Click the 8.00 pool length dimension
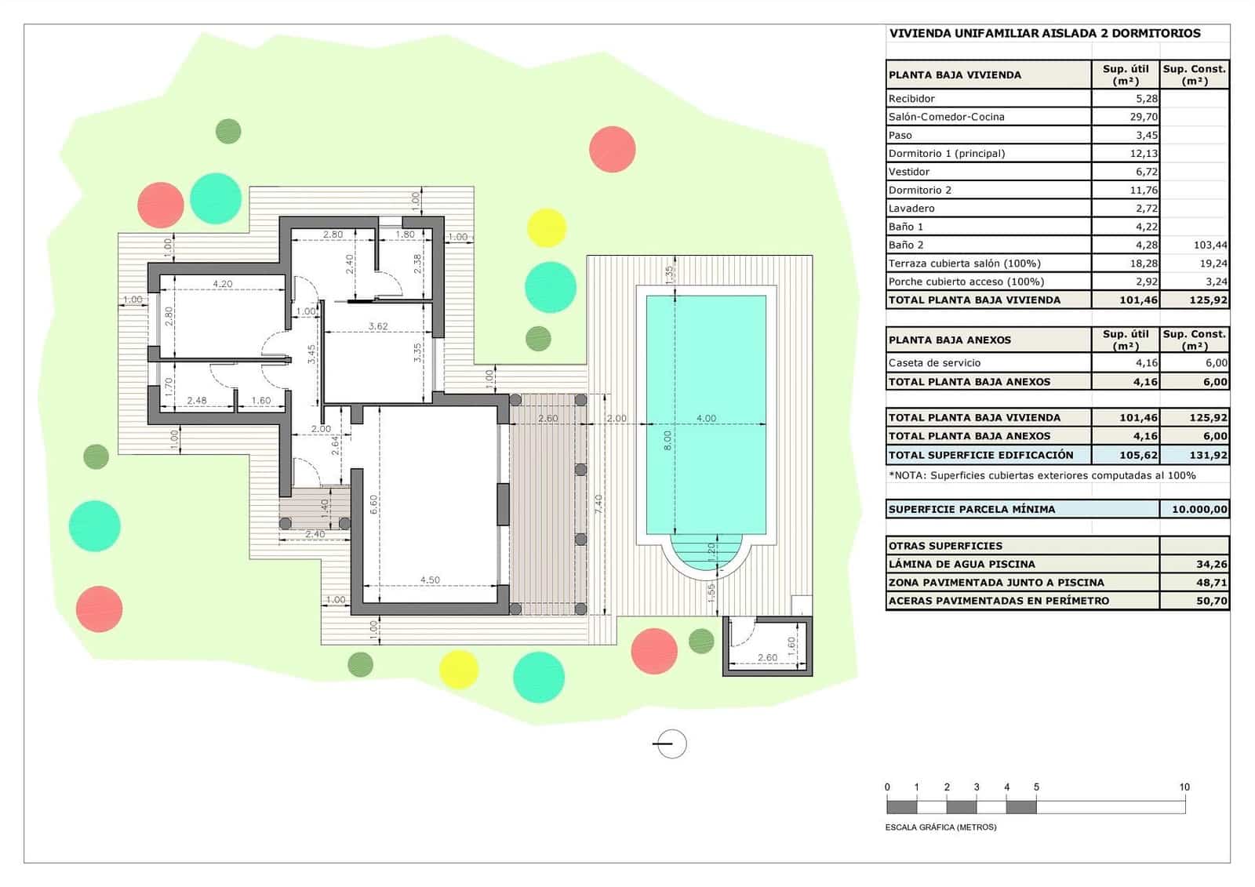(668, 440)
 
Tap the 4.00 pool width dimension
(706, 418)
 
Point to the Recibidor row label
(911, 99)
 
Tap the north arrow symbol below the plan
(671, 743)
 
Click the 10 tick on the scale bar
(1184, 787)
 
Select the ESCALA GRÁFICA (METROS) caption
(940, 827)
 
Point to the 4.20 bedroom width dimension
(222, 284)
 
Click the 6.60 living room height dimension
(374, 504)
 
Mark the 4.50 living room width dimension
(430, 580)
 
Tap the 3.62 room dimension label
(378, 326)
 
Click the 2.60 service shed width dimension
(767, 658)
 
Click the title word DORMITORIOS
(1156, 34)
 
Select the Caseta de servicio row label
(934, 363)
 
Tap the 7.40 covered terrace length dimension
(598, 503)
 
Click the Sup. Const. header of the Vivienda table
(1194, 75)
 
